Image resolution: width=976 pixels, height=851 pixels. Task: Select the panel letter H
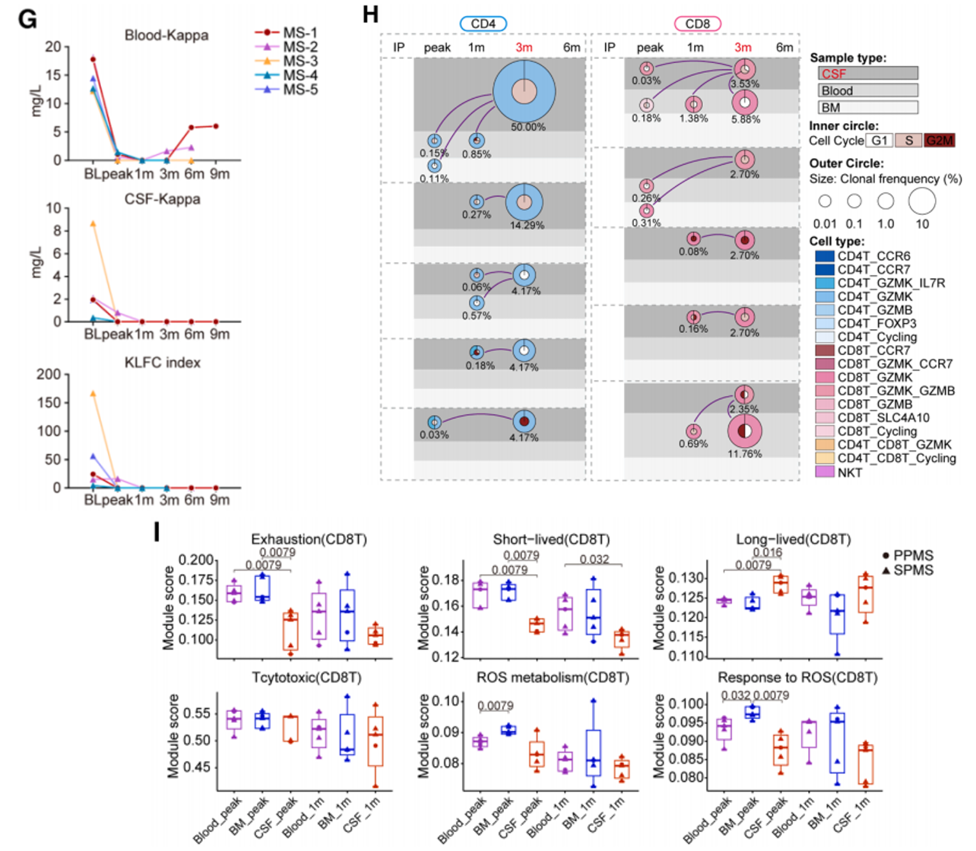click(370, 14)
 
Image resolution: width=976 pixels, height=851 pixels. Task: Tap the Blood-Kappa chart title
click(166, 35)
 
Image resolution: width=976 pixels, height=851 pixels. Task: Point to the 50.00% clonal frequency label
click(528, 127)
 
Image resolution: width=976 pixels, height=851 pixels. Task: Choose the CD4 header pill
click(483, 24)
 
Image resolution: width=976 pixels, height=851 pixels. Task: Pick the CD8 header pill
click(697, 24)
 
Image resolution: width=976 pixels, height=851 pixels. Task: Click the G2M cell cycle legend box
click(940, 140)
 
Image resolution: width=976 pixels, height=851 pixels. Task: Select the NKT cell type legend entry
click(849, 472)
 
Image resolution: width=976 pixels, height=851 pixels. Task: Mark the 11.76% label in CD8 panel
click(744, 454)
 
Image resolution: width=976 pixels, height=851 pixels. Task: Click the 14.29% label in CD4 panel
click(527, 225)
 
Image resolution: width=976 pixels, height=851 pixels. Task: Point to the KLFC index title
click(162, 362)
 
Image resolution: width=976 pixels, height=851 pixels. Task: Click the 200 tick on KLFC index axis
click(48, 374)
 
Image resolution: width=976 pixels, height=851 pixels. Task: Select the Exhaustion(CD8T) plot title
click(309, 539)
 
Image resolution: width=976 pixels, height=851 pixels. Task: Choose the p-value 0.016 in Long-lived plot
click(767, 552)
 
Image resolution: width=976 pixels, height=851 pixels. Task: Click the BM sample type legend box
click(868, 107)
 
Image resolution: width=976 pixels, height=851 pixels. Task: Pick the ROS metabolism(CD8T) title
click(552, 677)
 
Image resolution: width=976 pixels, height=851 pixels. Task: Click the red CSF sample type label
click(833, 73)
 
